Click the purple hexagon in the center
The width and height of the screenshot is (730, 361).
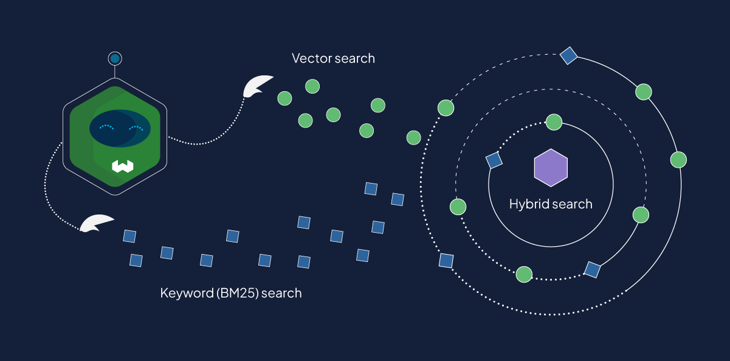tap(551, 167)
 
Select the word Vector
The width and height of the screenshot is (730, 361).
tap(311, 58)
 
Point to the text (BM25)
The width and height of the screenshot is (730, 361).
tap(233, 293)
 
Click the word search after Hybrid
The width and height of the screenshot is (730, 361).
tap(573, 204)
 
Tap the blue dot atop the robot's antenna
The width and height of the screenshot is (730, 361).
tap(114, 58)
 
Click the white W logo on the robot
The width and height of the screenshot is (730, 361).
tap(122, 165)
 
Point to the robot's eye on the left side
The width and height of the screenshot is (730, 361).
tap(106, 128)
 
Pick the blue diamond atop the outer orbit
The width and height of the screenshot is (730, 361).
tap(568, 56)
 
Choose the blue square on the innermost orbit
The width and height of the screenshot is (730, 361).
tap(494, 160)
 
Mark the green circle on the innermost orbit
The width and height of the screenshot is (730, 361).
tap(554, 122)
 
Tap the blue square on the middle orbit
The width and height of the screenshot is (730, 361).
tap(592, 269)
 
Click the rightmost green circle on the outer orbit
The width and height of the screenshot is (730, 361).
tap(678, 160)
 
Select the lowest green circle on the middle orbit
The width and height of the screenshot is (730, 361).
tap(523, 275)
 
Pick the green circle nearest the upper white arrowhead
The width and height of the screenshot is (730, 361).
tap(284, 97)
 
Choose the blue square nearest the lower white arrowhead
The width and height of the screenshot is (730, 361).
tap(129, 236)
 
